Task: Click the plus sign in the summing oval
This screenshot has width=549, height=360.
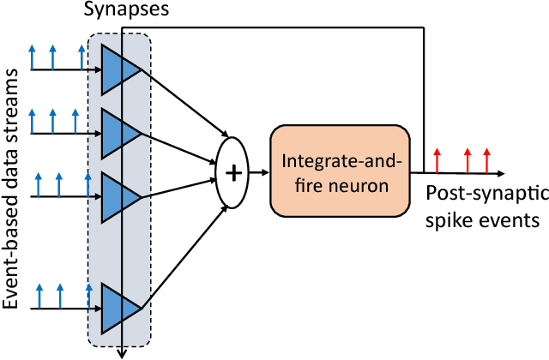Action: (232, 171)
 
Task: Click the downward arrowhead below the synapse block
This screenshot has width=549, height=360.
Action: (123, 350)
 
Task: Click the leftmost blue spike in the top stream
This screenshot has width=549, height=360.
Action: (33, 55)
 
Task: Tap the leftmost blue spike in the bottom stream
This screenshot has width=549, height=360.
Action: (38, 297)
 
